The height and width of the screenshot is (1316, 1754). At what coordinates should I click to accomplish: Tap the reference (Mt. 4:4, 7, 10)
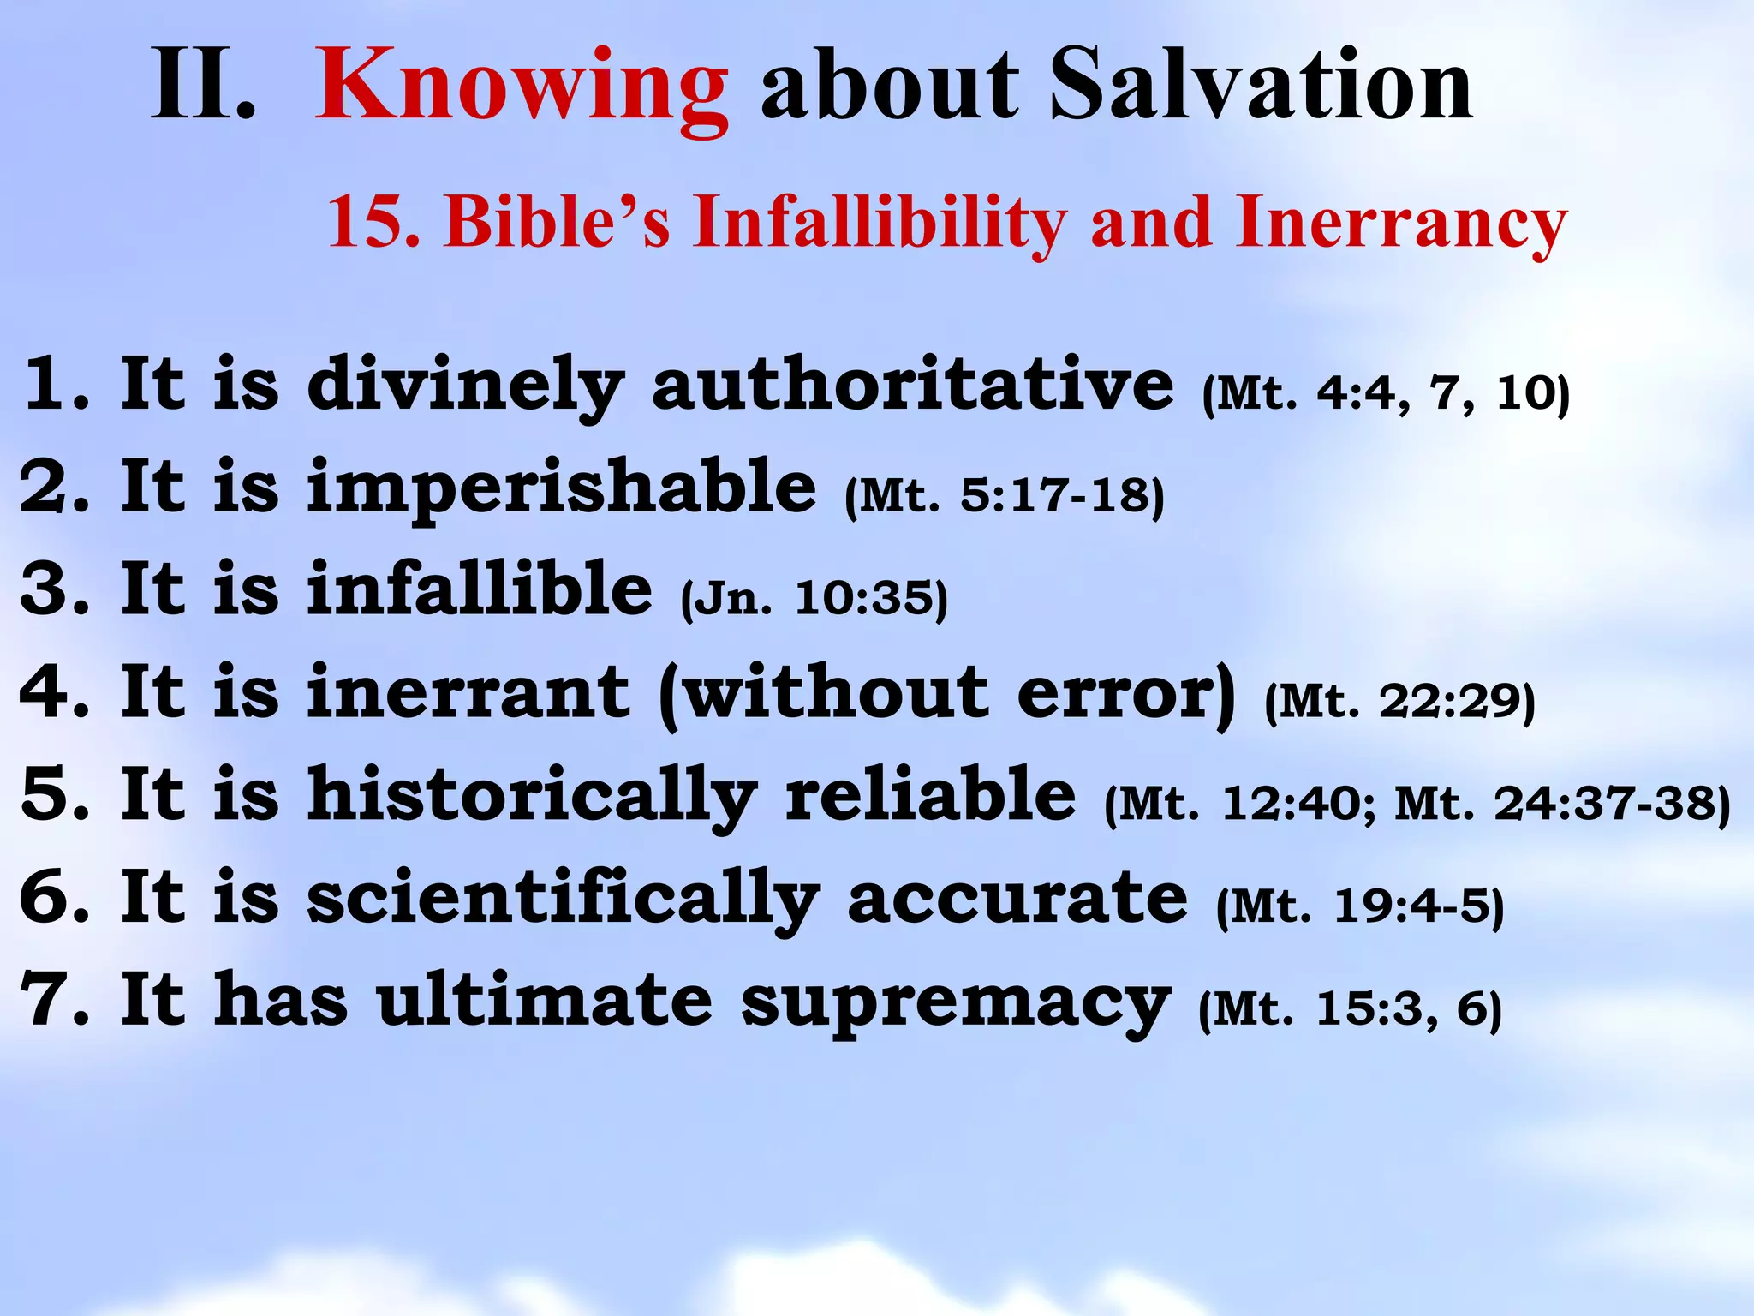(1386, 393)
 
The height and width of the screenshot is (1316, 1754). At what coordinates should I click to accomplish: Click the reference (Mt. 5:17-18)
(1004, 496)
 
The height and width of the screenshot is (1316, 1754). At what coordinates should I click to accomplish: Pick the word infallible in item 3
(480, 589)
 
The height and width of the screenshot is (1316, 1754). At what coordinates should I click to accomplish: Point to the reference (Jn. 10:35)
(814, 598)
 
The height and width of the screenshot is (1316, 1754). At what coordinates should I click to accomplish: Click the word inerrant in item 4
(468, 692)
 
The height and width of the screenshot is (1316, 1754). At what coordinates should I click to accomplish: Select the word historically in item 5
(532, 795)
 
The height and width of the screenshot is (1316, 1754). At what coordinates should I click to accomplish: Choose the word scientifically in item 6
(563, 898)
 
